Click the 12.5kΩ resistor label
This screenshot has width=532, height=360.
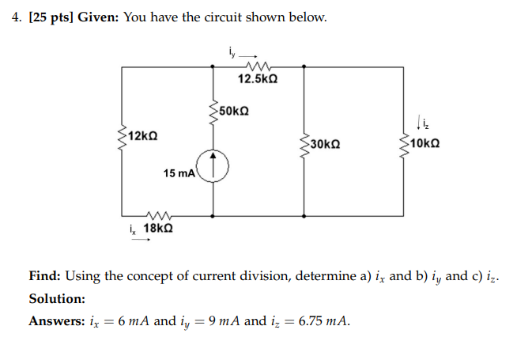pos(258,79)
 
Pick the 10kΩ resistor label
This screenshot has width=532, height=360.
pos(424,144)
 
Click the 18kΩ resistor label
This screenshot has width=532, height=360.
pos(158,229)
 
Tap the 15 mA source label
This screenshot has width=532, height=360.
pos(179,172)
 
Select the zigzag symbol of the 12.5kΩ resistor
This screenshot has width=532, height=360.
pos(258,66)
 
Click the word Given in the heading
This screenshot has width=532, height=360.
pos(99,17)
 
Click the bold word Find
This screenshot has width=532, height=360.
pos(44,276)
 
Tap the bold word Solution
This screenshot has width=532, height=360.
pos(57,299)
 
